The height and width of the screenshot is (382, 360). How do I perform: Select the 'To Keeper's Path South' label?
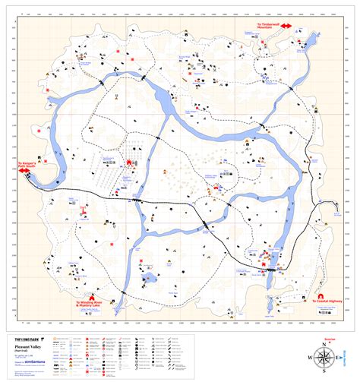pyautogui.click(x=17, y=164)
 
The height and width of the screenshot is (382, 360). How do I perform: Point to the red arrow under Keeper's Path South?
pyautogui.click(x=16, y=171)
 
